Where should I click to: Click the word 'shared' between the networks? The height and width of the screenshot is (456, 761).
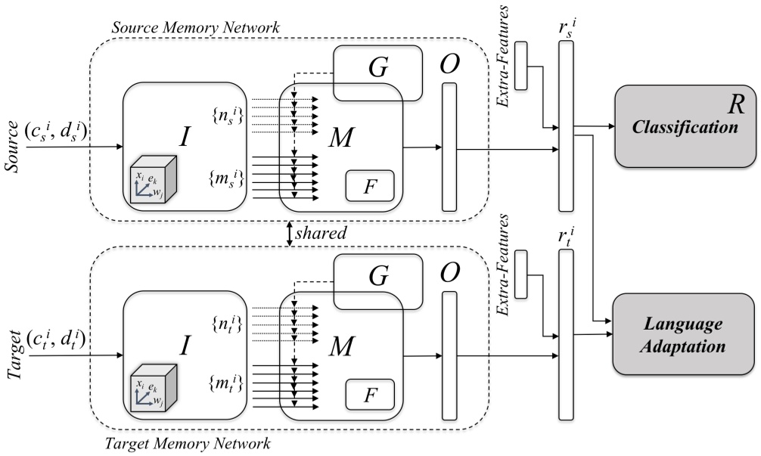321,233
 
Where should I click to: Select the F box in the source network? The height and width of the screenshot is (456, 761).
370,186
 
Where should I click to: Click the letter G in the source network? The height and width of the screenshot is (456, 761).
378,68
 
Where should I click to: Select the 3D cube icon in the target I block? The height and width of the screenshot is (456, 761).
154,391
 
